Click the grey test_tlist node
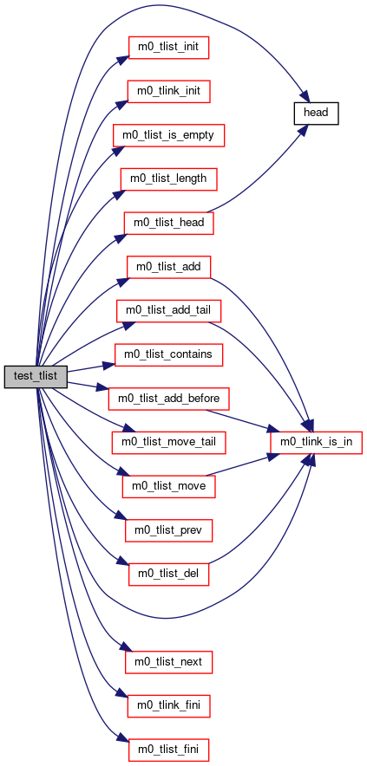[x=36, y=376]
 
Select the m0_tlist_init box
[x=169, y=48]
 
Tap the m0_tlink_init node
[x=169, y=91]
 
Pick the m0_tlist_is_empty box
[x=169, y=134]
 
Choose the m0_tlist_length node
[x=169, y=179]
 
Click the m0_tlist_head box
[x=169, y=223]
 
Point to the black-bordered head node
[x=316, y=113]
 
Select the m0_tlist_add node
[x=169, y=267]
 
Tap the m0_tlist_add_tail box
[x=169, y=310]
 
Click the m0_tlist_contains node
[x=169, y=354]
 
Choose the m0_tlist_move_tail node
[x=169, y=442]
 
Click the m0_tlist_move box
[x=169, y=486]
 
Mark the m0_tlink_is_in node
[x=316, y=443]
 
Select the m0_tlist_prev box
[x=169, y=530]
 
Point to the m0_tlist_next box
[x=169, y=662]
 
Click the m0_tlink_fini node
[x=169, y=706]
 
